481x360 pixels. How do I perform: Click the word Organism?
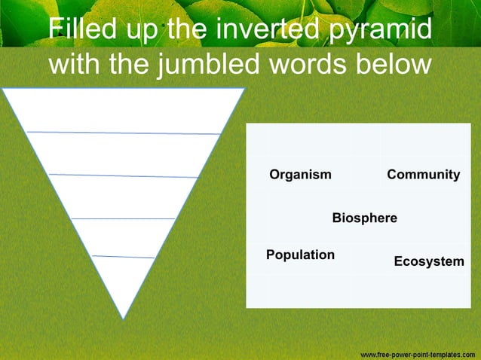300,175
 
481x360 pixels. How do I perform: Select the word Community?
423,175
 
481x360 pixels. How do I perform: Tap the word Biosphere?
364,218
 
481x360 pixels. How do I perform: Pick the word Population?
300,255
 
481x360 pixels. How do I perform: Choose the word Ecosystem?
428,261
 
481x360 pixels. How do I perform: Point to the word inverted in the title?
265,29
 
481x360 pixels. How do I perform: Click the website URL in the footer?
417,353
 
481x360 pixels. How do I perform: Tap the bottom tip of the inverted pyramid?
124,318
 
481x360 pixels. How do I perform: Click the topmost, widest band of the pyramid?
124,110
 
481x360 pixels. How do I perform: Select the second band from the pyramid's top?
124,154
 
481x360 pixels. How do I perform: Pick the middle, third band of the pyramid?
124,197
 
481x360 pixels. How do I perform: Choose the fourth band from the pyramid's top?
124,237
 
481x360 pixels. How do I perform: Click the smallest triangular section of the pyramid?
124,279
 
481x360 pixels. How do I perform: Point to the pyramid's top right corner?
244,89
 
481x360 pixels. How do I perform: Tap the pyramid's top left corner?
3,89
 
